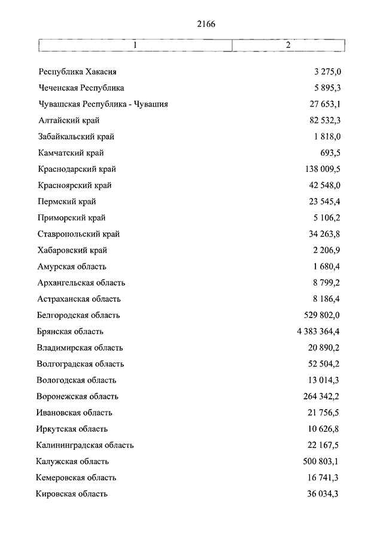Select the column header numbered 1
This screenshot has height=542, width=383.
[x=135, y=46]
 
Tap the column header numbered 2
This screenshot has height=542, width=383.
[x=288, y=46]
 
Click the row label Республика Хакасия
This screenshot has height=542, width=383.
[x=77, y=72]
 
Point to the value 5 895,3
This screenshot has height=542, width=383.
[x=327, y=88]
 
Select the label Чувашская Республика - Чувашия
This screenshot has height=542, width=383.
[x=103, y=104]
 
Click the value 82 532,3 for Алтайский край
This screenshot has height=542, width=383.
[x=324, y=120]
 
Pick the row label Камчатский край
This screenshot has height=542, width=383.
[x=70, y=153]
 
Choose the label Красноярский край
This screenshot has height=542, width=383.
[x=74, y=186]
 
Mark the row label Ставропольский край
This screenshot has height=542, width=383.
[x=78, y=234]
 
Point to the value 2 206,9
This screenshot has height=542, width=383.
[x=327, y=250]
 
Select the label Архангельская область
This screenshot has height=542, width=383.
[x=81, y=283]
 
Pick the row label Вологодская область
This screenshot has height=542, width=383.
[x=76, y=380]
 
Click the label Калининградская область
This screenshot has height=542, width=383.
[x=84, y=445]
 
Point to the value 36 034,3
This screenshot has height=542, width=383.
[x=324, y=494]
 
